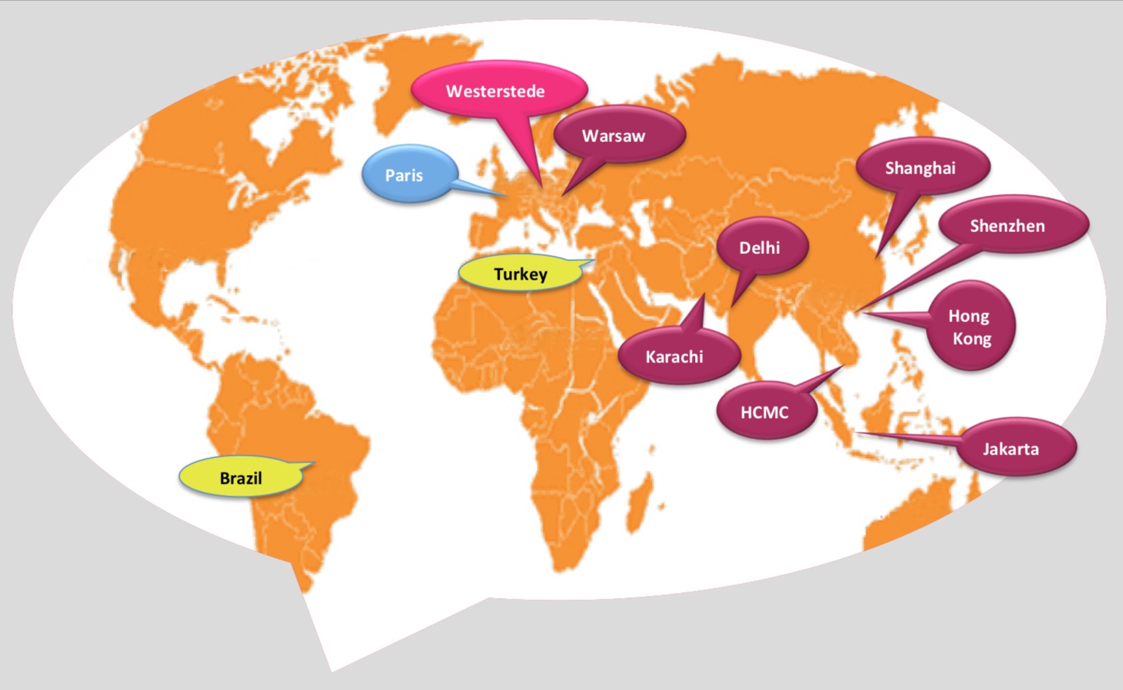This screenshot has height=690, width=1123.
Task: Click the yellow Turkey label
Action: click(x=519, y=274)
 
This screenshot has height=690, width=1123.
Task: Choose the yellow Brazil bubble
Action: click(x=241, y=478)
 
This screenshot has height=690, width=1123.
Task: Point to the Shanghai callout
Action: click(x=921, y=168)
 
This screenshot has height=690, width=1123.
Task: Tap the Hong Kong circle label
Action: click(x=970, y=326)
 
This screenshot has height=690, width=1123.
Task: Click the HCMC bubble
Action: click(x=765, y=412)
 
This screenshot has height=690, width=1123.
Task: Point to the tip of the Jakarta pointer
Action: click(x=857, y=434)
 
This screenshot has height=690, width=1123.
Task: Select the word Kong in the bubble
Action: click(x=972, y=339)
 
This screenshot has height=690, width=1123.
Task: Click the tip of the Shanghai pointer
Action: click(x=878, y=257)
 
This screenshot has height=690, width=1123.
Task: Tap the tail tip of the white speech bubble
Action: click(x=331, y=670)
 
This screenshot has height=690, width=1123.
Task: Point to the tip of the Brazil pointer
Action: click(x=315, y=462)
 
